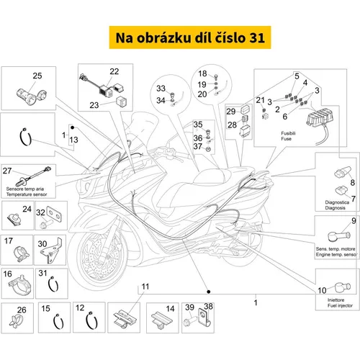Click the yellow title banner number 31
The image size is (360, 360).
pos(257,38)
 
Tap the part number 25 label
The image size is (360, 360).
pos(37,76)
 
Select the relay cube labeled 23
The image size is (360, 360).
pos(122,102)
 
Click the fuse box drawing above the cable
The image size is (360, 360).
pos(318,117)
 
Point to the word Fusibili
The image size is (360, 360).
pos(288,133)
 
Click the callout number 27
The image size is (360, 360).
pos(7,171)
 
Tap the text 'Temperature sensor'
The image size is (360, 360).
pos(27,194)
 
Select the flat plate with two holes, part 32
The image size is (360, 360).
pos(54,214)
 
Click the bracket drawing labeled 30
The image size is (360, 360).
pos(51,251)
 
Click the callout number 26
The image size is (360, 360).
pos(22,310)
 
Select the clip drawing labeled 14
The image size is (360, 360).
pos(162,320)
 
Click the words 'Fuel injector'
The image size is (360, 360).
pos(340,305)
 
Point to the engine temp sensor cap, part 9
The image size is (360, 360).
pos(339,236)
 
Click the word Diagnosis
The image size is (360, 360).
pos(335,208)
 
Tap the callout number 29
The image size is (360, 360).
pos(231,112)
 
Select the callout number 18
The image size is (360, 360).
pos(202,73)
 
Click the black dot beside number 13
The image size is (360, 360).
pos(73,127)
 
